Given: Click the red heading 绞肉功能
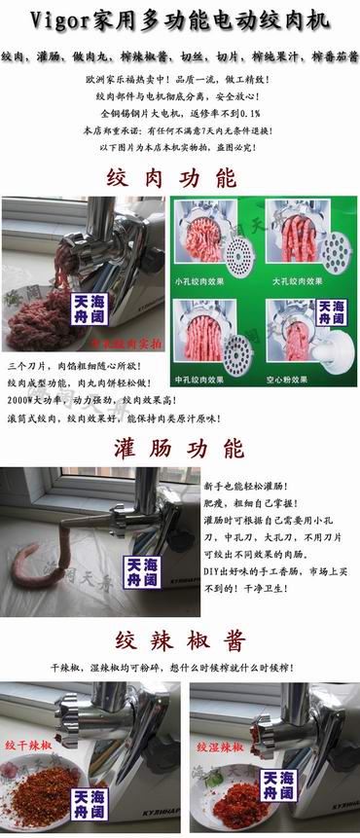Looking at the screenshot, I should [x=180, y=178].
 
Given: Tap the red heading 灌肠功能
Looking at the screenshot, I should [x=180, y=448].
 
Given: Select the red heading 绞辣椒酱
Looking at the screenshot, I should [x=180, y=641].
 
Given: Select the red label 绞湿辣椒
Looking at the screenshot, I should [x=219, y=747].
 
